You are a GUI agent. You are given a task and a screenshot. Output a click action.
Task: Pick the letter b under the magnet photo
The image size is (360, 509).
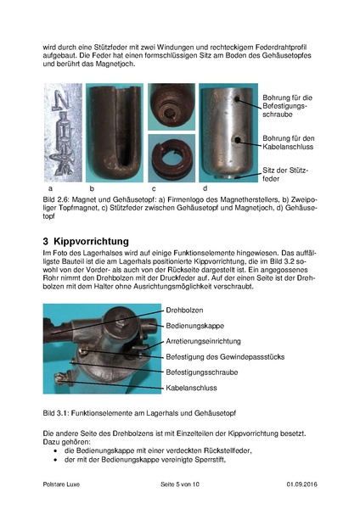(90, 187)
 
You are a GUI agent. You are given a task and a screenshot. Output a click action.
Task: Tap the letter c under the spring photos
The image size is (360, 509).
(153, 187)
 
